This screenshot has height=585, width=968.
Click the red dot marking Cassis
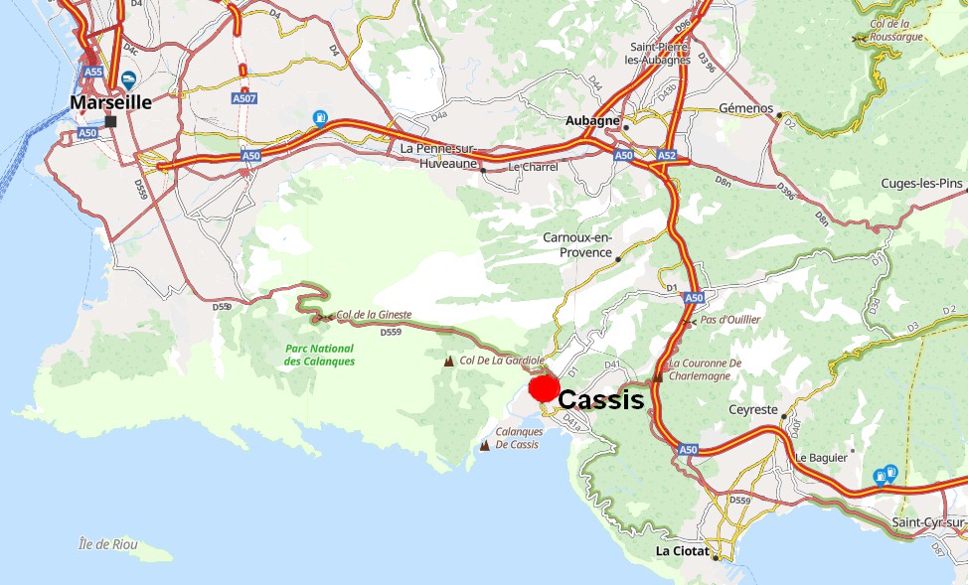[544, 388]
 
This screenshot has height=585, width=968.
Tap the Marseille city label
[110, 101]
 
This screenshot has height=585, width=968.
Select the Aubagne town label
[592, 120]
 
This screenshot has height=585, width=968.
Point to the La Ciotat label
[682, 550]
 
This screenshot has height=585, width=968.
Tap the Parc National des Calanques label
[319, 355]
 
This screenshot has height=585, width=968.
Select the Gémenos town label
[745, 107]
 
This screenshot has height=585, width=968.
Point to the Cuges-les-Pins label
[922, 184]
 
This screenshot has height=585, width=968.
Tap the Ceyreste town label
[751, 409]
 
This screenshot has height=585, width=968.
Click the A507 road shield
[244, 98]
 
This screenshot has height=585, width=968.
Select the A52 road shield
[666, 156]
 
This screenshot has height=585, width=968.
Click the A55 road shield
[93, 73]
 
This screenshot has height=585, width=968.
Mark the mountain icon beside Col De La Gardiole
[449, 361]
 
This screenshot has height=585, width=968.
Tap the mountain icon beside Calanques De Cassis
[485, 445]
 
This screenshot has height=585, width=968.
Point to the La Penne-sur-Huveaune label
[439, 154]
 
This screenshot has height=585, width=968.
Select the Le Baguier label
[820, 457]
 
